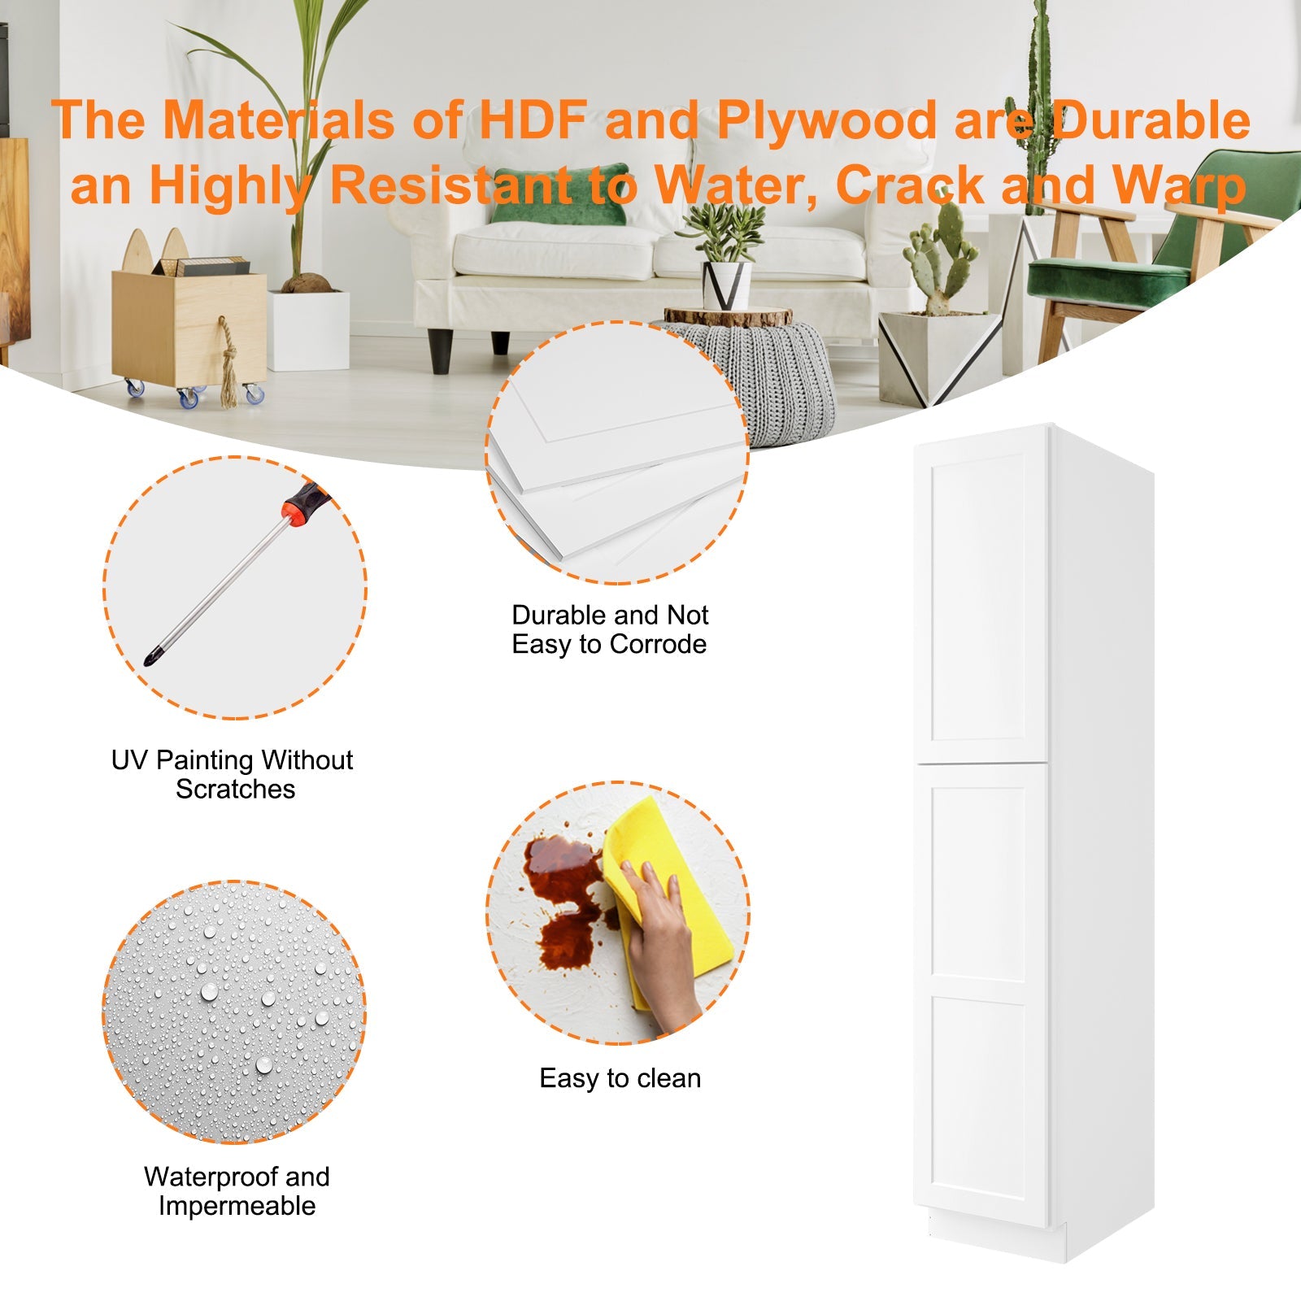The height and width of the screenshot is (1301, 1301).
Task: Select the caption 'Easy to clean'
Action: point(620,1078)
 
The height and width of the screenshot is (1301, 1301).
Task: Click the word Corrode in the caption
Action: point(658,644)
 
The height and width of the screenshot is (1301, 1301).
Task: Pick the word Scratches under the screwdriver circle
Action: point(235,789)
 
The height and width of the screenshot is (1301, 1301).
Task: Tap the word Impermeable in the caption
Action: point(237,1206)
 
